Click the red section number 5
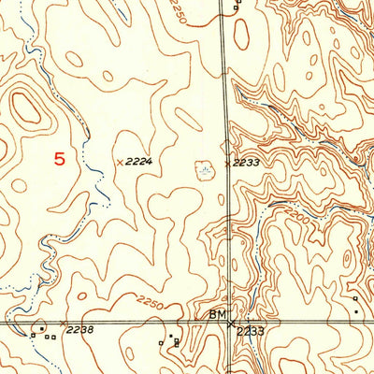coord(60,159)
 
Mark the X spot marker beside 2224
coord(119,162)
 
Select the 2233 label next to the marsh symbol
coord(245,163)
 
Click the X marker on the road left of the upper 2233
coord(226,163)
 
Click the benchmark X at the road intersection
coord(231,324)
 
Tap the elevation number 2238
coord(81,329)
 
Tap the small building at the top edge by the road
coord(237,3)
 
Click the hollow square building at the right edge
coord(355,298)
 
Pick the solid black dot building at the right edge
coord(357,311)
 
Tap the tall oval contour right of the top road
coord(241,35)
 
